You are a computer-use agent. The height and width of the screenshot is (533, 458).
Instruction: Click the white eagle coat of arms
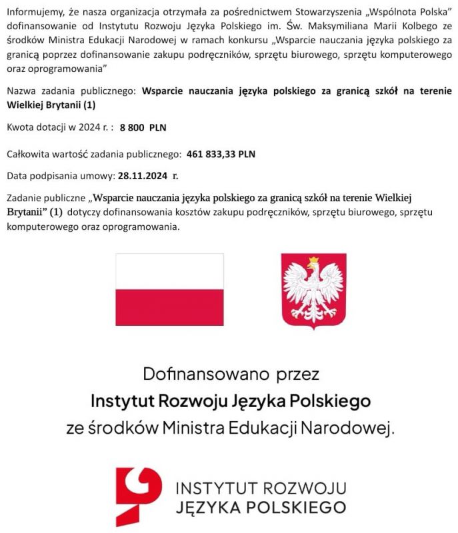(313, 291)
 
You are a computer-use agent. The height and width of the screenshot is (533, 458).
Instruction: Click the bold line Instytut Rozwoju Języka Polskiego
(230, 400)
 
